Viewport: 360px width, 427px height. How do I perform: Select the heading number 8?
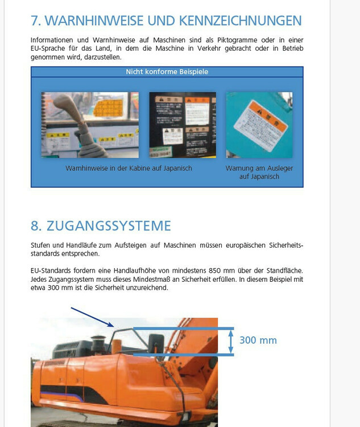click(36, 225)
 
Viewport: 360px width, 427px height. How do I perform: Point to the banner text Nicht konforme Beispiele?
click(167, 72)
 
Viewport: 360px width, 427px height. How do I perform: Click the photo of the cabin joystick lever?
click(90, 125)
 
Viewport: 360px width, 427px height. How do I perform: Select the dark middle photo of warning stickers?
click(183, 125)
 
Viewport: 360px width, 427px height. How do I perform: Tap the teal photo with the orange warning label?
click(259, 125)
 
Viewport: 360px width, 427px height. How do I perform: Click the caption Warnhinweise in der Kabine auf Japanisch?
click(129, 169)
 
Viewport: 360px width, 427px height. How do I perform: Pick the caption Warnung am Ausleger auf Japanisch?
click(259, 173)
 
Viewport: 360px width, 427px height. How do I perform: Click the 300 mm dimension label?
click(258, 340)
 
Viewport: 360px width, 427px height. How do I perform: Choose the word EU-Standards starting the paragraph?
click(49, 270)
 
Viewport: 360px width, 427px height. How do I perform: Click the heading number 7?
click(36, 21)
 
